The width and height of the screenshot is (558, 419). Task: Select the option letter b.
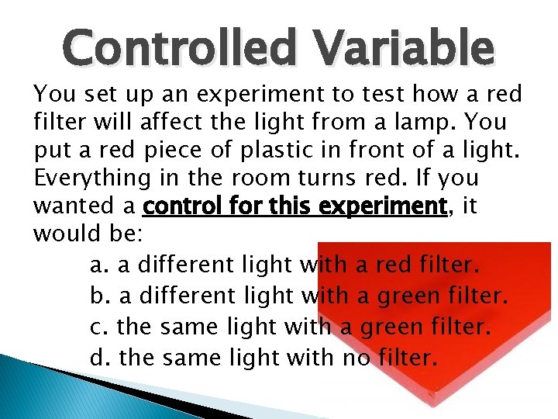[x=99, y=296]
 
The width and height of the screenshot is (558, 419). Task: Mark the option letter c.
[x=98, y=327]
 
